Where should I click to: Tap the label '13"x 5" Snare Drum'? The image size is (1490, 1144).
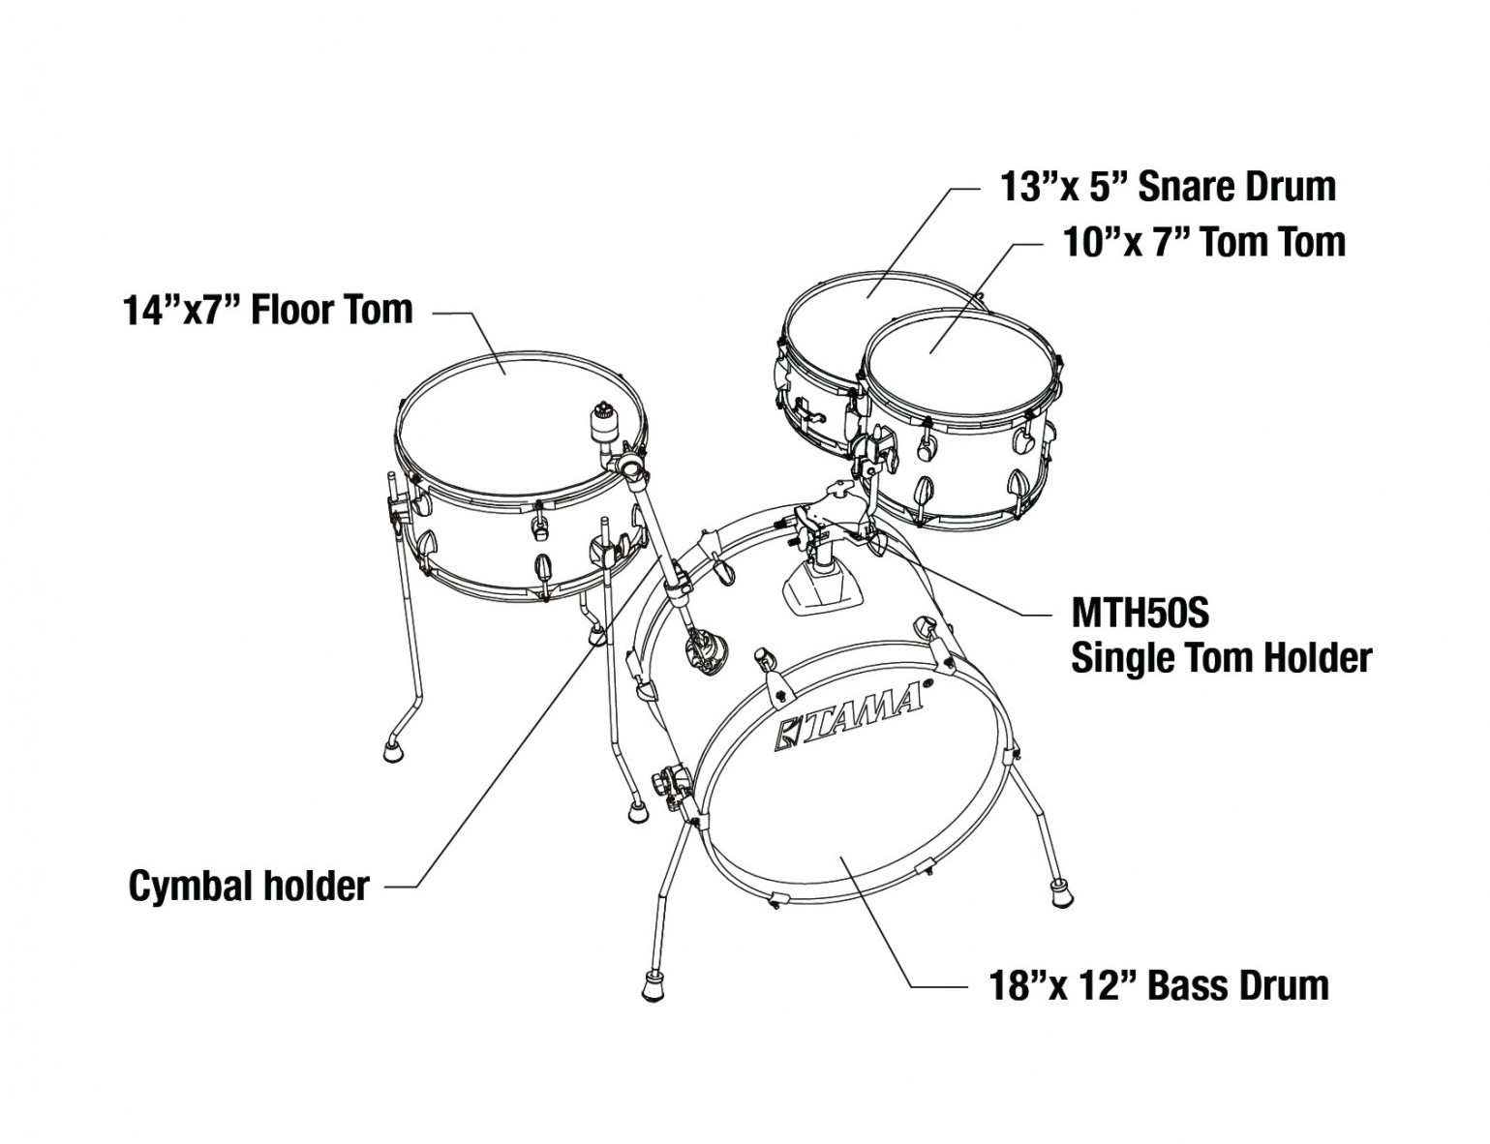click(x=1169, y=187)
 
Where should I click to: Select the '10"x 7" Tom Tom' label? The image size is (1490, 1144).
click(x=1203, y=242)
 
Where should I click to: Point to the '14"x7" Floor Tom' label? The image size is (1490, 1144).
click(x=268, y=309)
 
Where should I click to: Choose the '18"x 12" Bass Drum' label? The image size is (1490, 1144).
click(x=1159, y=985)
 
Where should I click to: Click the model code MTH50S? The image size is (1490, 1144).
click(x=1140, y=614)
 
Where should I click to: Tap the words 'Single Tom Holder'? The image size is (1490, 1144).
click(x=1222, y=658)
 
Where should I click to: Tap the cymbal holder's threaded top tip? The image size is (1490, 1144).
click(x=603, y=411)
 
